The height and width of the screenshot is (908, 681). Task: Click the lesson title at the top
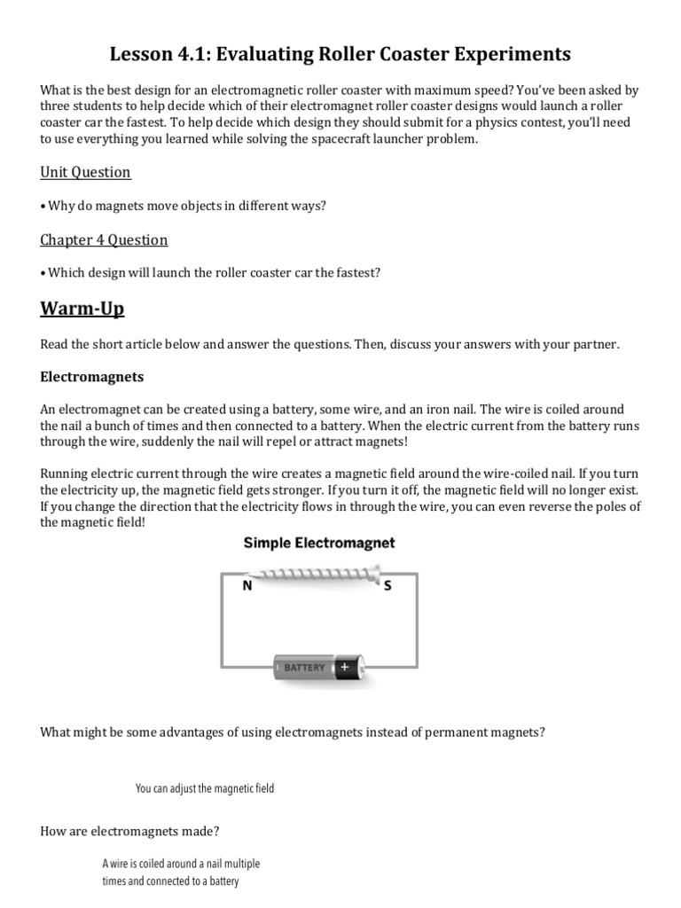[x=340, y=55]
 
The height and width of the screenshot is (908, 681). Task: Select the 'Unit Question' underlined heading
[x=85, y=172]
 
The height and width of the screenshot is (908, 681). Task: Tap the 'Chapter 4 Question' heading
[x=104, y=240]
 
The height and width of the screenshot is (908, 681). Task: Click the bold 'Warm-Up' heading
[x=82, y=309]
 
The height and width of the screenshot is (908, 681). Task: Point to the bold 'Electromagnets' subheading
[x=92, y=377]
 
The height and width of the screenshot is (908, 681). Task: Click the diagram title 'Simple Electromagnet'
[x=319, y=543]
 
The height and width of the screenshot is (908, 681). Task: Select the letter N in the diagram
[x=247, y=586]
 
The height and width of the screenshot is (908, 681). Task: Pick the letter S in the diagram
[x=387, y=586]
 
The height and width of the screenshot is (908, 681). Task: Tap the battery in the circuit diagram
[x=318, y=667]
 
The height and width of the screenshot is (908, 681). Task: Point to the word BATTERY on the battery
[x=304, y=668]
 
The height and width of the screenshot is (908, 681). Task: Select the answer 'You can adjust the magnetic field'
[x=205, y=788]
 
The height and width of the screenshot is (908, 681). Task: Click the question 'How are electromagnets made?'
[x=130, y=831]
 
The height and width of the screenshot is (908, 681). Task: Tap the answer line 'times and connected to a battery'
[x=170, y=881]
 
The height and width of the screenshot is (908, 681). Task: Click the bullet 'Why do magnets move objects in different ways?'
[x=184, y=206]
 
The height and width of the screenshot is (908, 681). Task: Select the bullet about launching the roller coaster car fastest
[x=210, y=273]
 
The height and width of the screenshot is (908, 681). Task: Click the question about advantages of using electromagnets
[x=293, y=732]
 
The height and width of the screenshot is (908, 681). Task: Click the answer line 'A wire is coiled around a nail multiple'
[x=181, y=864]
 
